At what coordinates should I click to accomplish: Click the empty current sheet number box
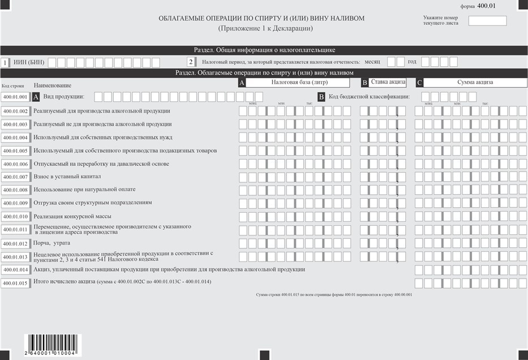487,21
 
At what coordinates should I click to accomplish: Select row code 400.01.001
15,97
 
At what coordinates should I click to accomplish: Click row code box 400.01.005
15,151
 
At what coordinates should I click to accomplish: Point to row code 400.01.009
15,203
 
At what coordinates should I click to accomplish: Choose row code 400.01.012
15,244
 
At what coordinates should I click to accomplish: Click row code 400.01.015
15,283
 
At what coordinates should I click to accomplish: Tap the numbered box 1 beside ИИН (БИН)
5,62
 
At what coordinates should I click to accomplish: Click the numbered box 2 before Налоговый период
191,62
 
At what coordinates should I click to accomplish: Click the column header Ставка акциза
388,82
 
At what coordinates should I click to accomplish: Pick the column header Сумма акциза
475,82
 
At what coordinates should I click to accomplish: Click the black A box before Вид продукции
37,97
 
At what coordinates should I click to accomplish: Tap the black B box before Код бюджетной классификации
321,97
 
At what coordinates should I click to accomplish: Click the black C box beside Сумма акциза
419,83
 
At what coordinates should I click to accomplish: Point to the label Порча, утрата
52,243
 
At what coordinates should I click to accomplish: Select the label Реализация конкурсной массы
72,216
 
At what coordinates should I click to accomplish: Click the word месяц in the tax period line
372,62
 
